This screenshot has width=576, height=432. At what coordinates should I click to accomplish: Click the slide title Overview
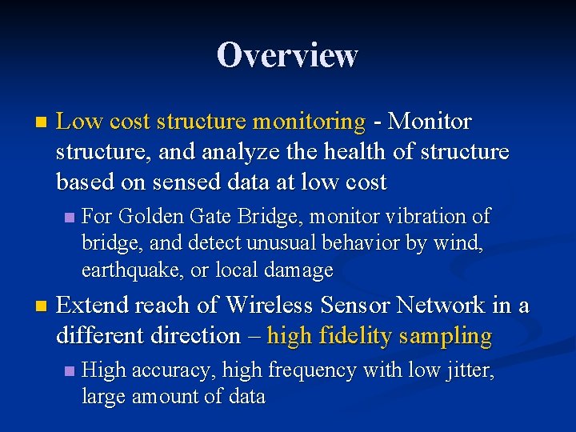point(287,55)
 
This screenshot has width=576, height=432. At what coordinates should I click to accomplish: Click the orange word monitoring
point(308,122)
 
